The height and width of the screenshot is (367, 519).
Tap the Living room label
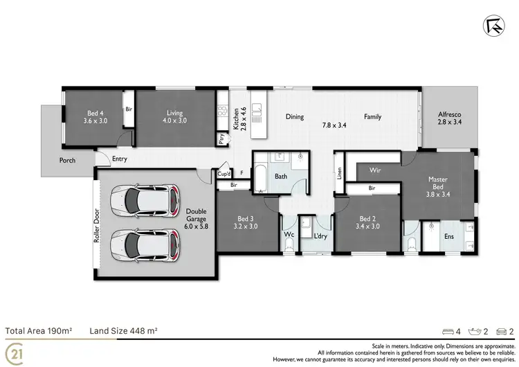pyautogui.click(x=174, y=116)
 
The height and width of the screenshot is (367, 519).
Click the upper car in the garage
pyautogui.click(x=146, y=199)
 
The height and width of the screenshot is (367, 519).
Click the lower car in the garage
pyautogui.click(x=146, y=243)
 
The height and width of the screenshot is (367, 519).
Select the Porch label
pyautogui.click(x=67, y=161)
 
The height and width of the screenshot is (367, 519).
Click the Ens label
pyautogui.click(x=449, y=237)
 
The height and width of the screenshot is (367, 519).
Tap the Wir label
pyautogui.click(x=376, y=170)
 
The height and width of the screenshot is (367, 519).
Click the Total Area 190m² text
pyautogui.click(x=39, y=331)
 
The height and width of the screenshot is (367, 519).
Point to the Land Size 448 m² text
pyautogui.click(x=124, y=331)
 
